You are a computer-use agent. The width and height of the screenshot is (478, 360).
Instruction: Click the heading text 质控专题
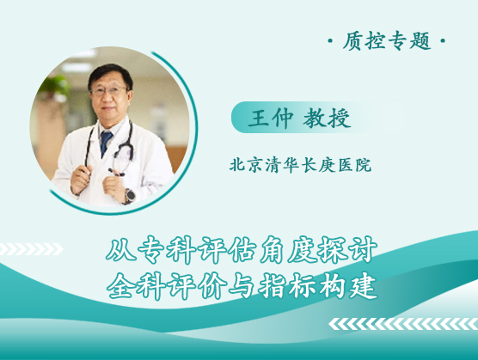pyautogui.click(x=387, y=41)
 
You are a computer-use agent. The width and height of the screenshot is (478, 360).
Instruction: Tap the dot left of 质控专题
pyautogui.click(x=330, y=40)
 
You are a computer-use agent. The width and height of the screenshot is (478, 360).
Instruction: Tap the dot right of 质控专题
pyautogui.click(x=443, y=40)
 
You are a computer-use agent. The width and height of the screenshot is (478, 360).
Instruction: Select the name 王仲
pyautogui.click(x=271, y=118)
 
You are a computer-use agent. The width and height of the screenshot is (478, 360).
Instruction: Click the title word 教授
pyautogui.click(x=327, y=118)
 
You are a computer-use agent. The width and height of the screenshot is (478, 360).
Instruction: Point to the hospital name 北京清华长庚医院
pyautogui.click(x=300, y=165)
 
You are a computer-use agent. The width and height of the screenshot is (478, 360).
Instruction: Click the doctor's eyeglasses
pyautogui.click(x=108, y=90)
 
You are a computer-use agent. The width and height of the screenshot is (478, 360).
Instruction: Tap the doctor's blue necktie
pyautogui.click(x=106, y=143)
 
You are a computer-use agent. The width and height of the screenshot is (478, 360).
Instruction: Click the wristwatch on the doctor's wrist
pyautogui.click(x=130, y=196)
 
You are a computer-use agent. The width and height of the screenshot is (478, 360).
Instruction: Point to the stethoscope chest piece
pyautogui.click(x=117, y=173)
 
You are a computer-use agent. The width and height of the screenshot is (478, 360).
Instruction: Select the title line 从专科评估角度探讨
pyautogui.click(x=242, y=249)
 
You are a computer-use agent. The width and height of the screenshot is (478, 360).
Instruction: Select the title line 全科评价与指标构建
pyautogui.click(x=242, y=286)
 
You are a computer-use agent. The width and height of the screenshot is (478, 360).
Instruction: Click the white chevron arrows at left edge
pyautogui.click(x=30, y=249)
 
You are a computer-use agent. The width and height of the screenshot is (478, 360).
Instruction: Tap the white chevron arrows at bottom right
pyautogui.click(x=403, y=324)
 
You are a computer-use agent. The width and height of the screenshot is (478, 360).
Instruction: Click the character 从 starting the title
pyautogui.click(x=120, y=249)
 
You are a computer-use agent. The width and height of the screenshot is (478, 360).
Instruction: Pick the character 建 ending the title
pyautogui.click(x=364, y=286)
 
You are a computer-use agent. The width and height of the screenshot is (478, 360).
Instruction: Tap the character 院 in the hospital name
pyautogui.click(x=364, y=165)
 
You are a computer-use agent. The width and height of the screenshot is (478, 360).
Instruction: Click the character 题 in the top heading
pyautogui.click(x=420, y=41)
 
